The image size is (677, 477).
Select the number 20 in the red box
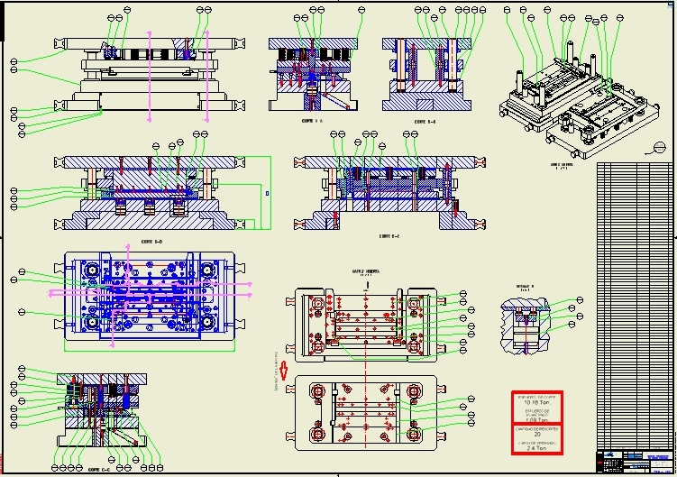pyautogui.click(x=537, y=435)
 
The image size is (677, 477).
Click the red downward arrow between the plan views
pyautogui.click(x=284, y=369)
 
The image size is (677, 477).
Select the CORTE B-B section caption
pyautogui.click(x=425, y=121)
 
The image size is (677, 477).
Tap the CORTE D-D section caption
pyautogui.click(x=151, y=242)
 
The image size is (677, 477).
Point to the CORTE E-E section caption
pyautogui.click(x=389, y=236)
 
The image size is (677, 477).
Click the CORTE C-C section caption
pyautogui.click(x=99, y=469)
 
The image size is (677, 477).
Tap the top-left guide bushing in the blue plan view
pyautogui.click(x=90, y=270)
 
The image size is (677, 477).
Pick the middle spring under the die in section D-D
pyautogui.click(x=149, y=207)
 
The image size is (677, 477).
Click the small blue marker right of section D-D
pyautogui.click(x=267, y=193)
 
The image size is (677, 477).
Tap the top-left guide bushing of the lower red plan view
pyautogui.click(x=316, y=391)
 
